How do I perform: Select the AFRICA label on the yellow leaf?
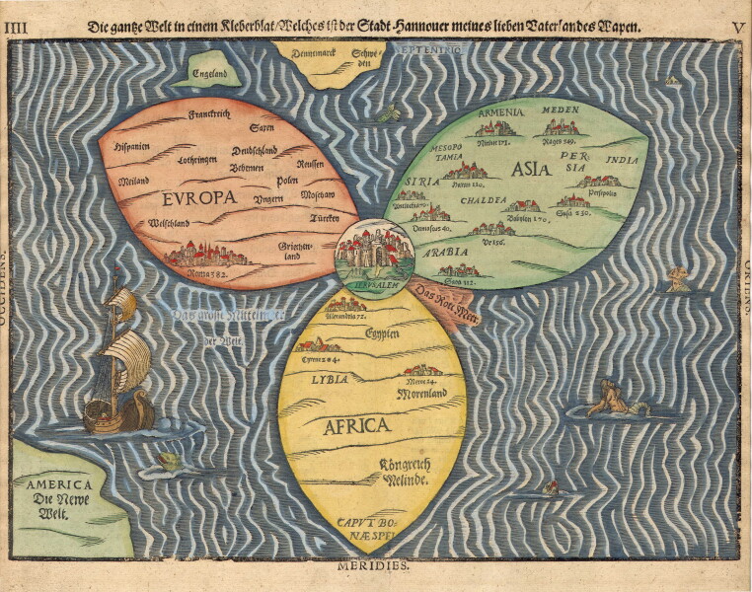[356, 426]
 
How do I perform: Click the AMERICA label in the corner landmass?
[60, 484]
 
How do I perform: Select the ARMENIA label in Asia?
[500, 112]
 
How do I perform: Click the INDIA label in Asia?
[622, 159]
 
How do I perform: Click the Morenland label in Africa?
[421, 393]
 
